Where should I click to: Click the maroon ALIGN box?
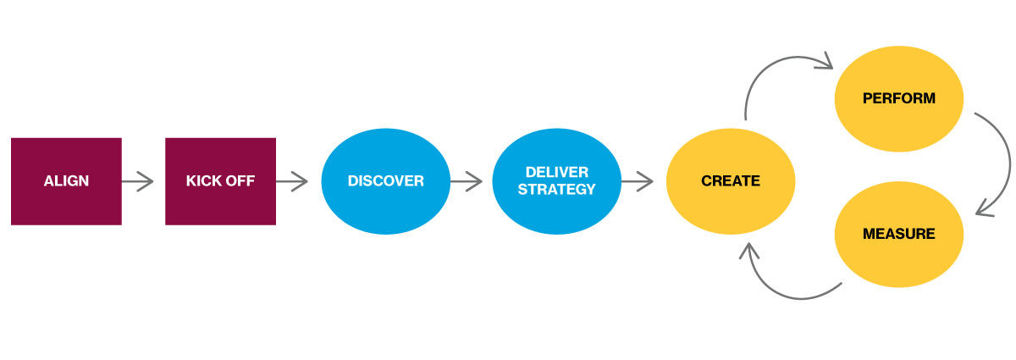pyautogui.click(x=66, y=181)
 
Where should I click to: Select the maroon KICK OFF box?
pyautogui.click(x=220, y=181)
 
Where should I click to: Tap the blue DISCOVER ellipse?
pyautogui.click(x=385, y=181)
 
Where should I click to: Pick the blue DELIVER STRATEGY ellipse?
pyautogui.click(x=556, y=181)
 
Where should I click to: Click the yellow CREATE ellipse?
pyautogui.click(x=730, y=181)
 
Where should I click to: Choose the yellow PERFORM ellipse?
pyautogui.click(x=899, y=98)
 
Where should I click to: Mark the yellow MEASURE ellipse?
pyautogui.click(x=899, y=234)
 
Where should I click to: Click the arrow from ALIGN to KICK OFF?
pyautogui.click(x=137, y=180)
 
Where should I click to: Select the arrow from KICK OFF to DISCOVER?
pyautogui.click(x=291, y=180)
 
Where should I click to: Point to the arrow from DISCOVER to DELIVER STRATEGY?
pyautogui.click(x=466, y=180)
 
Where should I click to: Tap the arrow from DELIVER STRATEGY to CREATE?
pyautogui.click(x=637, y=180)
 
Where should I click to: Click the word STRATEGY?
pyautogui.click(x=556, y=190)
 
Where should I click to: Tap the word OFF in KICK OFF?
pyautogui.click(x=240, y=181)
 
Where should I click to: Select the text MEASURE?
pyautogui.click(x=899, y=234)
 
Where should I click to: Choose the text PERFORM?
pyautogui.click(x=899, y=98)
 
